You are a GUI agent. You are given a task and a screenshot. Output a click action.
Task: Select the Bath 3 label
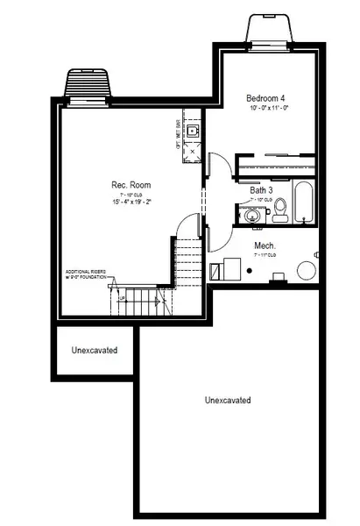(262, 189)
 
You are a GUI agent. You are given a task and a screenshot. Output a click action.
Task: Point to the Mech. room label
(265, 245)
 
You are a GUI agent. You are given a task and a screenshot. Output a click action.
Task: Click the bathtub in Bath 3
(302, 203)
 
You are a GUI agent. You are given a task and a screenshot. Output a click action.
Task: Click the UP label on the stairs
(121, 298)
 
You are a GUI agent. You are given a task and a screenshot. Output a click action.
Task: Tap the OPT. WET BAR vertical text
(179, 135)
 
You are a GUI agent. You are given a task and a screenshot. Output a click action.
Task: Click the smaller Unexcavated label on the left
(94, 351)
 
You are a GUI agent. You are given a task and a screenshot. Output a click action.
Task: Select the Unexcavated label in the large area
(228, 401)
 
